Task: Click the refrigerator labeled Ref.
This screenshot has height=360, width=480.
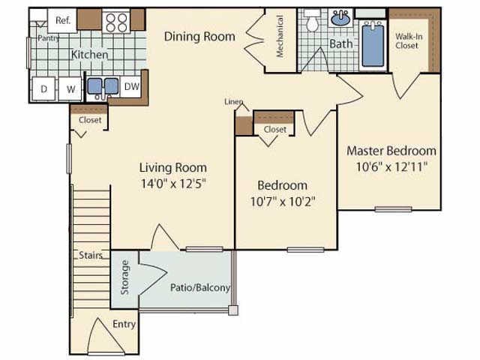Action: pos(62,21)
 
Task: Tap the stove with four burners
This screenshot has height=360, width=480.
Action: pos(115,22)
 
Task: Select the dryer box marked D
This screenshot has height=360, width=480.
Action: pos(44,89)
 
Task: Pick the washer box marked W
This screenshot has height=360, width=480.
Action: pos(70,89)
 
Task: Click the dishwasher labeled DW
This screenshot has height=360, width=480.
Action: pos(131,87)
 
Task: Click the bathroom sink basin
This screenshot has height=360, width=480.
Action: pos(341,19)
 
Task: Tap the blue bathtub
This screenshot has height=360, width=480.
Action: pos(373,44)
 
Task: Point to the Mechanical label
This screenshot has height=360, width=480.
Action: pos(280,37)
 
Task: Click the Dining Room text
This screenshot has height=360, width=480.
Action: pos(199,36)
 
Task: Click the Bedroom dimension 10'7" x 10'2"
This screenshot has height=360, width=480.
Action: pos(282,201)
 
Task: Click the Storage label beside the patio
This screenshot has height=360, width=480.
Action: pos(125,277)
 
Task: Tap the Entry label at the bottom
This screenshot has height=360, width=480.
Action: pos(124,324)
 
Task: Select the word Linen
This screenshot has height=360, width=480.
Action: pos(233,101)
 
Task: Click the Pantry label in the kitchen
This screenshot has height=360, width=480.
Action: pos(48,37)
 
